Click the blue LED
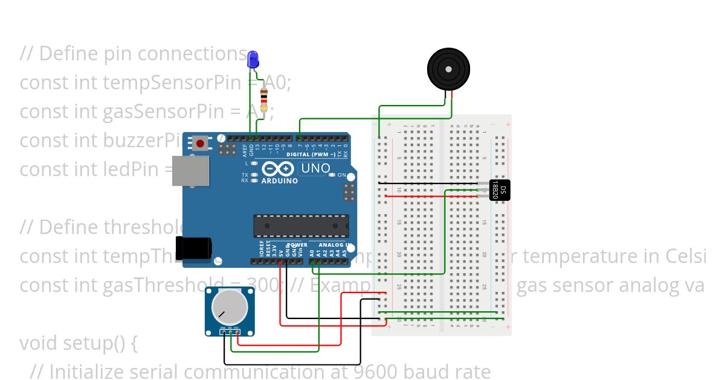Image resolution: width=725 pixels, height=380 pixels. click(253, 59)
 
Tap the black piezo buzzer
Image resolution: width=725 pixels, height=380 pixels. click(448, 69)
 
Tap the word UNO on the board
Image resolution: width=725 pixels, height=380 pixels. click(315, 168)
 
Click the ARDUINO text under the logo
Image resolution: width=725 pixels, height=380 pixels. click(279, 180)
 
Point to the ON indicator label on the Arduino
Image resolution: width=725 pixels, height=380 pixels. click(342, 176)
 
